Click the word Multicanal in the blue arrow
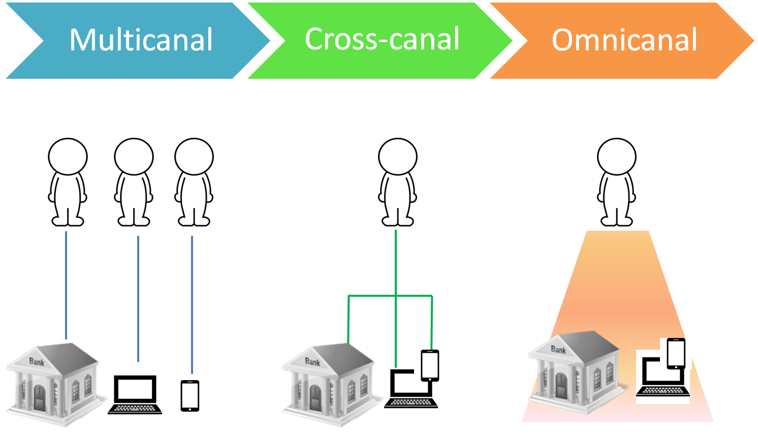pos(141,40)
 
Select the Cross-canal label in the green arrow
pos(382,39)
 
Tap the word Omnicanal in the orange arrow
pos(624,40)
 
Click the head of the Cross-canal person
pos(398,157)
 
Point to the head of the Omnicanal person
pos(617,157)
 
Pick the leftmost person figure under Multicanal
pos(68,182)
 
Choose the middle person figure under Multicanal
pos(134,182)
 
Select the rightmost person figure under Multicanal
pos(194,182)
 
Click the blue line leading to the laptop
pos(138,299)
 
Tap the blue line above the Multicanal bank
pos(66,285)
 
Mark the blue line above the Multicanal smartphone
pos(192,304)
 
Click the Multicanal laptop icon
pos(135,394)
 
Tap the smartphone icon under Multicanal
pos(190,396)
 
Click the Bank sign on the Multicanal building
pos(37,362)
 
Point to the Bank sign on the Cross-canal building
pos(312,362)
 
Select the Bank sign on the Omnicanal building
pos(558,349)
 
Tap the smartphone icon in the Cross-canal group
pos(430,365)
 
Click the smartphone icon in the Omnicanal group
pos(676,353)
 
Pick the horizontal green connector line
pos(390,296)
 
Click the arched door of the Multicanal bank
pos(39,397)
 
